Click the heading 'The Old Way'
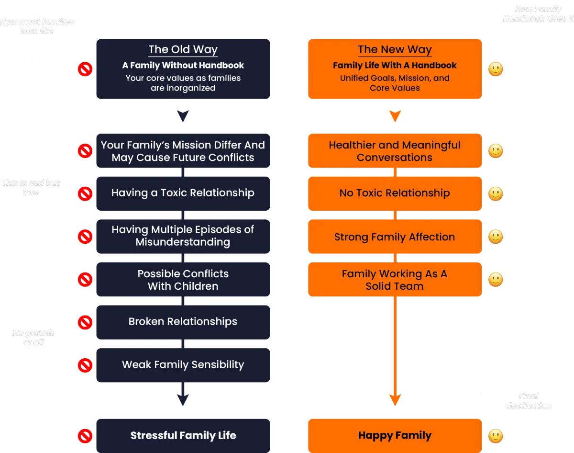(183, 50)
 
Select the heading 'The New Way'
(395, 50)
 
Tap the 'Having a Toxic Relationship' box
(183, 193)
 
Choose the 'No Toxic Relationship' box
(394, 193)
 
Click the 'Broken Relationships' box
(183, 321)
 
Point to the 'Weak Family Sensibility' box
(183, 365)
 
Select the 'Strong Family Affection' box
(394, 237)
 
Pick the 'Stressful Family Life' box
(183, 435)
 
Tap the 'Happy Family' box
(394, 435)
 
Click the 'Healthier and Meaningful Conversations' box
(394, 151)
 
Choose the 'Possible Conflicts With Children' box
(183, 280)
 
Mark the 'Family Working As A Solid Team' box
(394, 280)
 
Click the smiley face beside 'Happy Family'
(496, 436)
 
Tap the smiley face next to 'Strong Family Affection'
(496, 236)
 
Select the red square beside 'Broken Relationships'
(85, 322)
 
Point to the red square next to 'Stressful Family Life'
(85, 436)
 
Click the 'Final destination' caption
(528, 401)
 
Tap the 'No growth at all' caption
(33, 338)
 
